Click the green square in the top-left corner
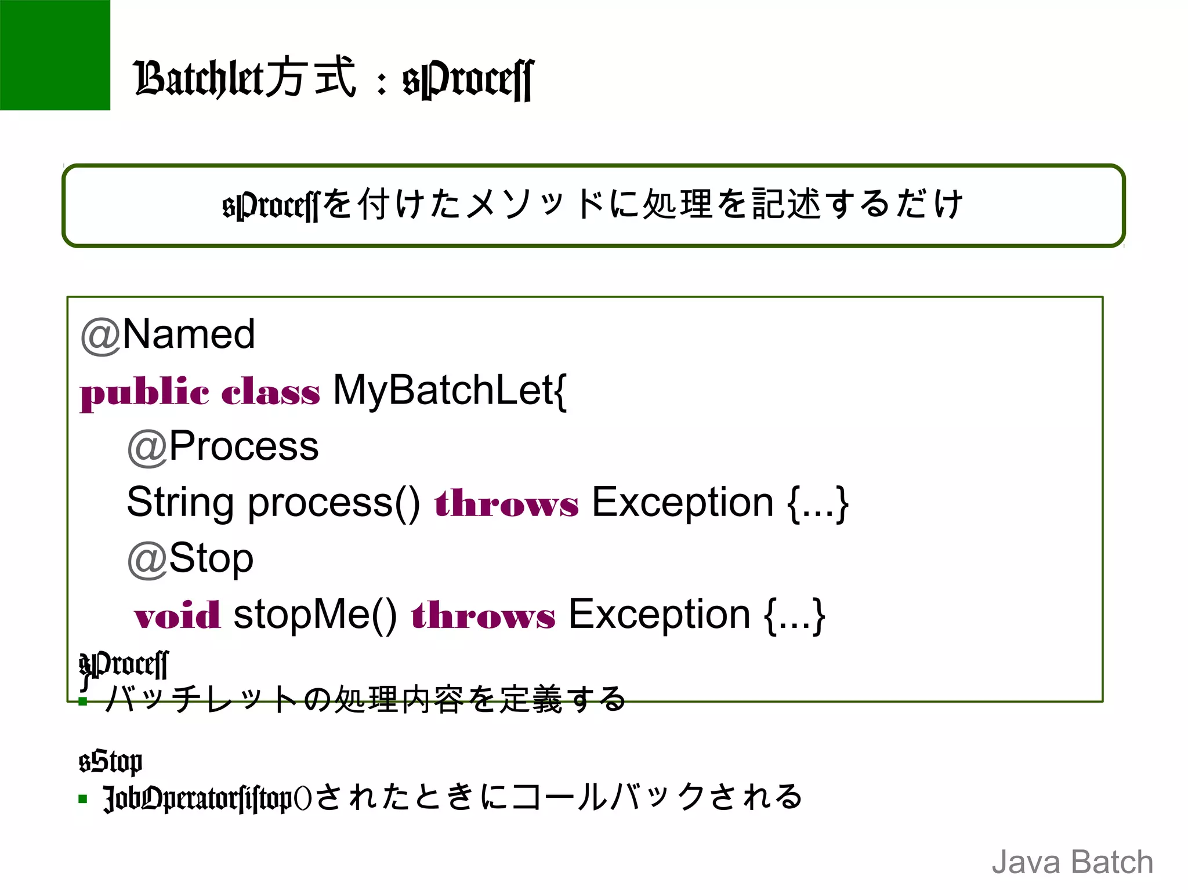(55, 55)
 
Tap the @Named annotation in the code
(168, 335)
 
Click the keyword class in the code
(270, 392)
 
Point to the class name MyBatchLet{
(450, 390)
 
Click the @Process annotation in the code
(223, 446)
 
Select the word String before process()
(180, 502)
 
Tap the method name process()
(334, 502)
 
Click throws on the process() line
(506, 503)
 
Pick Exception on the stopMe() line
(659, 615)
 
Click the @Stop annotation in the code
(191, 558)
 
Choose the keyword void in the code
(177, 615)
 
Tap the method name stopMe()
(315, 615)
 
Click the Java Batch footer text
(1072, 862)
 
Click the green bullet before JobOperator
(83, 799)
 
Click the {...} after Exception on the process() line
(817, 503)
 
